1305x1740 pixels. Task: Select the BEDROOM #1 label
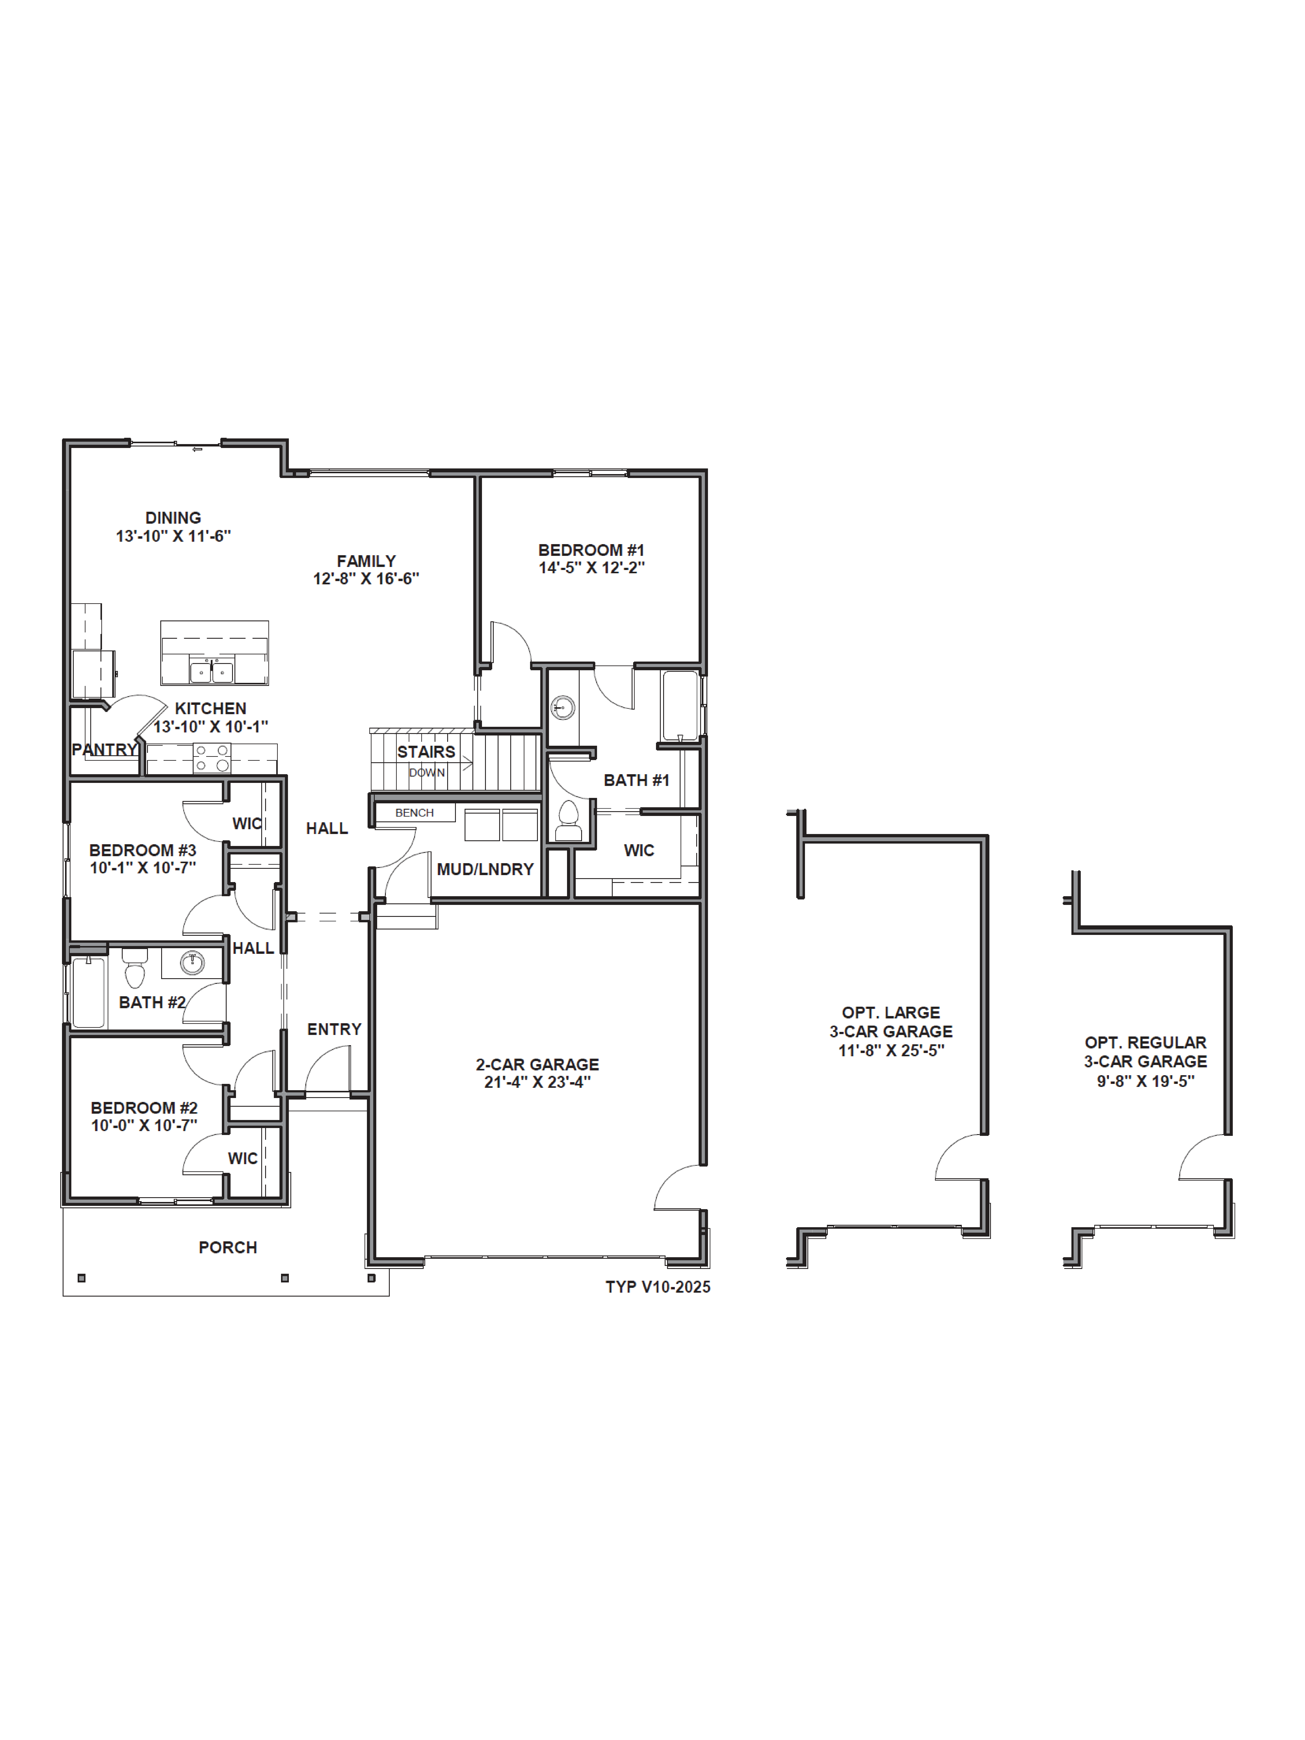click(x=591, y=550)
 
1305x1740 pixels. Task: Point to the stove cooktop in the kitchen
click(x=212, y=757)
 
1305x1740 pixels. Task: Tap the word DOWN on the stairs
click(x=426, y=772)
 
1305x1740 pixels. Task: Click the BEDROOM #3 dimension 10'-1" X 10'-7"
click(x=142, y=868)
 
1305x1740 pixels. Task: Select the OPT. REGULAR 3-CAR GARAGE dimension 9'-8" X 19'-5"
click(x=1145, y=1081)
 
